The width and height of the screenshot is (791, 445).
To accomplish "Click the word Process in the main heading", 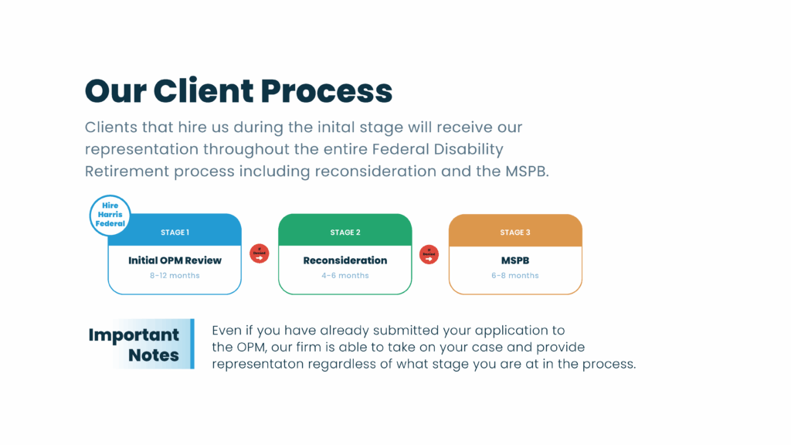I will point(327,91).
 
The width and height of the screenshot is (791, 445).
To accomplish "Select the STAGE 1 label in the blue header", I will point(175,233).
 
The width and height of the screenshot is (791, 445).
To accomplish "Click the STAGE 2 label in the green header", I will point(345,233).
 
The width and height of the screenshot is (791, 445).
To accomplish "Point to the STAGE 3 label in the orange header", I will point(515,233).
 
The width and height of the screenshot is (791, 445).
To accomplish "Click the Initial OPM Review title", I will point(175,260).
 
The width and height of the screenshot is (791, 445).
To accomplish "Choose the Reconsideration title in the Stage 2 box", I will point(345,260).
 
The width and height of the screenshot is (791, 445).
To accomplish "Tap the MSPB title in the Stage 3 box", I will point(515,260).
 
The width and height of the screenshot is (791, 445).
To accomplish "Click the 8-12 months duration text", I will point(175,276).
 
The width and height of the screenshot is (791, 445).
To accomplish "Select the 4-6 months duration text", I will point(345,276).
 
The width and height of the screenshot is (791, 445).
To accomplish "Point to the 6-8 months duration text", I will point(515,276).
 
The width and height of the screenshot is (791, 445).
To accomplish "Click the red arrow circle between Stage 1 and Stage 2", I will point(260,254).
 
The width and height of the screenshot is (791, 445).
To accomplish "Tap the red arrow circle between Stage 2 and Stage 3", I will point(429,254).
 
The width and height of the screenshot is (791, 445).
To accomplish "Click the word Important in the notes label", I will point(134,335).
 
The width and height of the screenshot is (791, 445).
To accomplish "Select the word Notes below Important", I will point(154,355).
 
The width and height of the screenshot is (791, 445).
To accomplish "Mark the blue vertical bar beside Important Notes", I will point(191,344).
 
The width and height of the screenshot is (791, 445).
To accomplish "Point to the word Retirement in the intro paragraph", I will point(127,172).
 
